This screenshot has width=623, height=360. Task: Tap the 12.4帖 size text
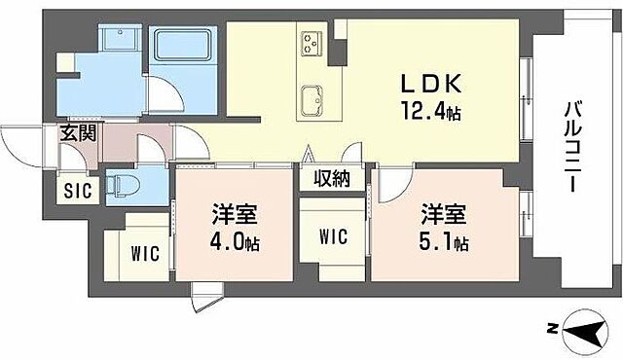[x=426, y=112]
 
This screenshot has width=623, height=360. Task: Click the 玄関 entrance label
[x=77, y=135]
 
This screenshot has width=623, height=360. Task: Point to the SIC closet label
[x=77, y=191]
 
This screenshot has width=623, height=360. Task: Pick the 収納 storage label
[x=332, y=178]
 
